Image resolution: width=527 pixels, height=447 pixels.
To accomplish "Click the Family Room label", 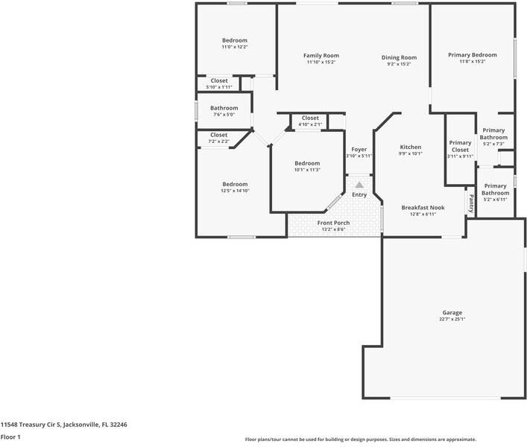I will click(321, 56).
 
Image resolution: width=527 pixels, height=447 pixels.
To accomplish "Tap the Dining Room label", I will click(399, 57).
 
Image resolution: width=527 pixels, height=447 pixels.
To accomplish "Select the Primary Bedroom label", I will click(472, 55).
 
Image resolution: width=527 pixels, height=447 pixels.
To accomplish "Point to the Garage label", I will click(452, 313).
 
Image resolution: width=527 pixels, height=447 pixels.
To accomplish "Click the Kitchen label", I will click(411, 147).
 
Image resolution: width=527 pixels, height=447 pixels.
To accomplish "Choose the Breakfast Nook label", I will click(423, 208).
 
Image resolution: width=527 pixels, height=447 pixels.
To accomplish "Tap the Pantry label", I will click(470, 203).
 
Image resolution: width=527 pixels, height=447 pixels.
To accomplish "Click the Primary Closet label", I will click(460, 146).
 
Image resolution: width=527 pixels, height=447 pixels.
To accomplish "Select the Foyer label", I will click(359, 150).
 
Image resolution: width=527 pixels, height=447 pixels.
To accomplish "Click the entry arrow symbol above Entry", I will click(359, 185).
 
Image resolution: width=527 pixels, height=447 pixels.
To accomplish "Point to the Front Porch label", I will click(333, 223).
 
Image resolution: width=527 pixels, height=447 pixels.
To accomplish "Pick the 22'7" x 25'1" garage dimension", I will click(452, 320).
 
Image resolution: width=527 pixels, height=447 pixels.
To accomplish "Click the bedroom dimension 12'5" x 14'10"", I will click(234, 191).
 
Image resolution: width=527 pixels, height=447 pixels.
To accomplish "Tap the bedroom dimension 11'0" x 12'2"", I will click(234, 47).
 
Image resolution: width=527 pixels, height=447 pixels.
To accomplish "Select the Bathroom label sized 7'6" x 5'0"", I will click(224, 108).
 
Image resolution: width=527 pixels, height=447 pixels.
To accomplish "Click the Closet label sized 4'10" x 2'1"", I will click(310, 118).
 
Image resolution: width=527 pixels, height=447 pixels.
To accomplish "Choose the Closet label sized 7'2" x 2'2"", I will click(218, 135).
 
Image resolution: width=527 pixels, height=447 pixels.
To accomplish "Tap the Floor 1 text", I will click(10, 437).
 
